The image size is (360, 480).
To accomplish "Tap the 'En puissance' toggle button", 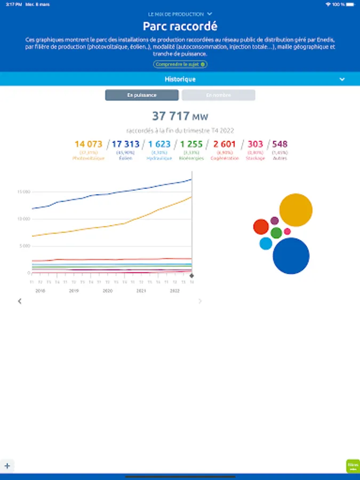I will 141,95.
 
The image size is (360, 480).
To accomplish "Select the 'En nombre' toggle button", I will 218,95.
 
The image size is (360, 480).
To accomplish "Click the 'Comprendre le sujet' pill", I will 180,64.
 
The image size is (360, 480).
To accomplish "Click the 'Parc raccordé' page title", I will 180,26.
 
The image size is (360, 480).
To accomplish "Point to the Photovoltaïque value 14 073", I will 88,144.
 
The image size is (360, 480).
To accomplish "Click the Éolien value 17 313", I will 125,144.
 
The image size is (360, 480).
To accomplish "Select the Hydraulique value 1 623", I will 159,144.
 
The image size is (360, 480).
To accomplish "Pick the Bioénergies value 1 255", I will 191,144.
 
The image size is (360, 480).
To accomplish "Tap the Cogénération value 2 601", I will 224,144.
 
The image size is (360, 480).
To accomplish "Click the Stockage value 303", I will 255,144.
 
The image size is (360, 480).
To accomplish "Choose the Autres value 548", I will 279,144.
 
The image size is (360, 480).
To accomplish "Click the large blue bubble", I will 291,256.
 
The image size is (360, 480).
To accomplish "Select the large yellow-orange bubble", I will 295,210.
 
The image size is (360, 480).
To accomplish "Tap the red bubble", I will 261,227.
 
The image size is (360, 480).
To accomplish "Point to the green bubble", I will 276,233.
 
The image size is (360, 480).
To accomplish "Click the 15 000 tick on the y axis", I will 23,192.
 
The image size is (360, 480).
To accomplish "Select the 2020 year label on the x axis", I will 107,291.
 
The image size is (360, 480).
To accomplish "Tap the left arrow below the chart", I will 20,301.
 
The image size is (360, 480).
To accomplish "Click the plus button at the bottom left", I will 7,466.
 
